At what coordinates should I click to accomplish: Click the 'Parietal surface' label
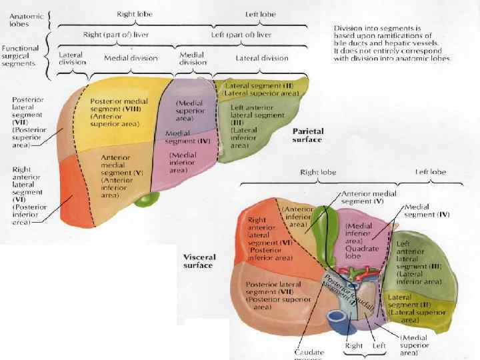tap(307, 136)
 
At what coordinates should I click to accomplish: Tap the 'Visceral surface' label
tap(198, 261)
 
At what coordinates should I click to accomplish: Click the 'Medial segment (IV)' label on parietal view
tap(187, 137)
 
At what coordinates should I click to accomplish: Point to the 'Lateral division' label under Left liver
tap(261, 58)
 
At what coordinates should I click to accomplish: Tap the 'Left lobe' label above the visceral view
tap(430, 172)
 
